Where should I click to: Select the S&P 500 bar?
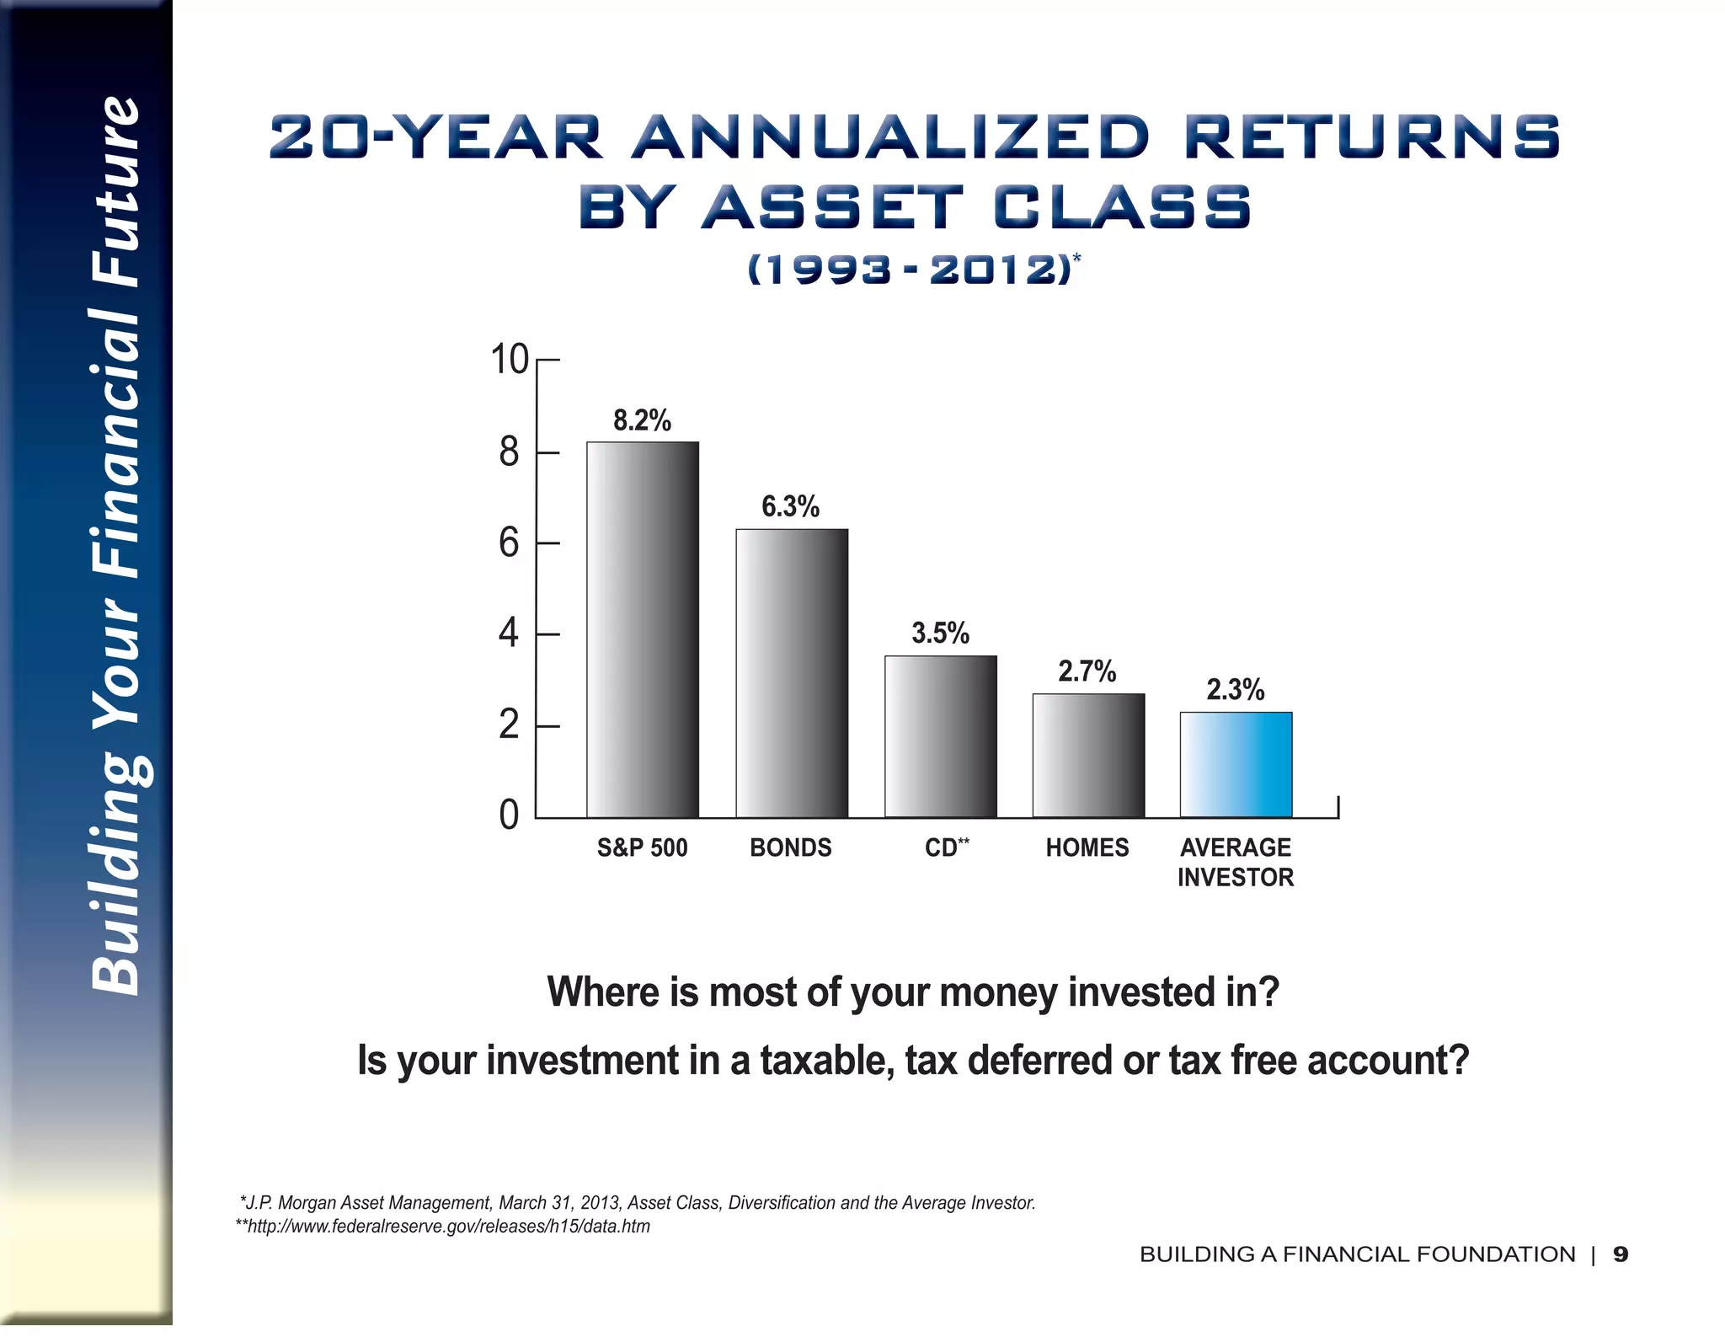pos(643,629)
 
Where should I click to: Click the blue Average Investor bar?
pos(1236,765)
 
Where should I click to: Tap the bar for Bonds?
pos(792,673)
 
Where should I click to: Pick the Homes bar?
pos(1088,756)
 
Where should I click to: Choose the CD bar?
pos(940,736)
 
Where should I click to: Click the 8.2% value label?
pos(642,420)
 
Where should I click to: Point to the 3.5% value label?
pos(940,633)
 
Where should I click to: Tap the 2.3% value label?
pos(1235,690)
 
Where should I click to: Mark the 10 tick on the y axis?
pos(510,360)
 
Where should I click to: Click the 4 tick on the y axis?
pos(509,634)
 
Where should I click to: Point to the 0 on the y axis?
pos(509,815)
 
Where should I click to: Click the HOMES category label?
pos(1087,847)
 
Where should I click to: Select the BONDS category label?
pos(791,847)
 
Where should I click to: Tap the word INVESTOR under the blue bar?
pos(1235,878)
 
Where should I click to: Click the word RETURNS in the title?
pos(1372,137)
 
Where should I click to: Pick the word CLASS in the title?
pos(1123,207)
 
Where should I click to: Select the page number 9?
pos(1620,1254)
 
